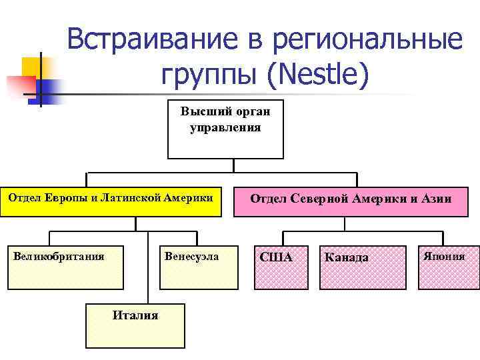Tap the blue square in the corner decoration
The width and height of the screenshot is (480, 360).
[47, 89]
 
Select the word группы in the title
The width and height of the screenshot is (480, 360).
[207, 75]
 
